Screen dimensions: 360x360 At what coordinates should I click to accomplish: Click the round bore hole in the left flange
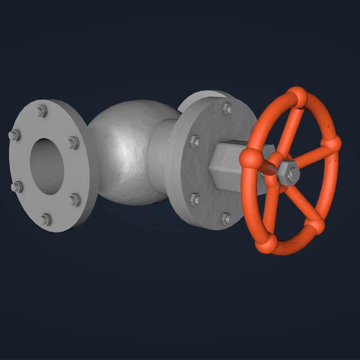click(47, 167)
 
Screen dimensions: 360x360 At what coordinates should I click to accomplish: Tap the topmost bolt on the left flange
click(42, 111)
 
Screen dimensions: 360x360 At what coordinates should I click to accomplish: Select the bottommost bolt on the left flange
click(46, 219)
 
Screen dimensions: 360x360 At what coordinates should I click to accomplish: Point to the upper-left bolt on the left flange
click(15, 135)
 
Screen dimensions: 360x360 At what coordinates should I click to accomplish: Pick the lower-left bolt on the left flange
click(17, 187)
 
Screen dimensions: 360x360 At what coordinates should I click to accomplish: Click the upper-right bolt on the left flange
click(74, 143)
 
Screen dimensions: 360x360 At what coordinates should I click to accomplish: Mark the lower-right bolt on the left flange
click(75, 200)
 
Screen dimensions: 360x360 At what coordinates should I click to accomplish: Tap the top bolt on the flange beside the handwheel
click(228, 109)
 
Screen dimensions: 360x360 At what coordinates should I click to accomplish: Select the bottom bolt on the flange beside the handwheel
click(226, 219)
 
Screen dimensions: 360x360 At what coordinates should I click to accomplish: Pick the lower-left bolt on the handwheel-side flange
click(195, 199)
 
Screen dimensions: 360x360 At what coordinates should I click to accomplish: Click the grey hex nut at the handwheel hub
click(288, 172)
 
